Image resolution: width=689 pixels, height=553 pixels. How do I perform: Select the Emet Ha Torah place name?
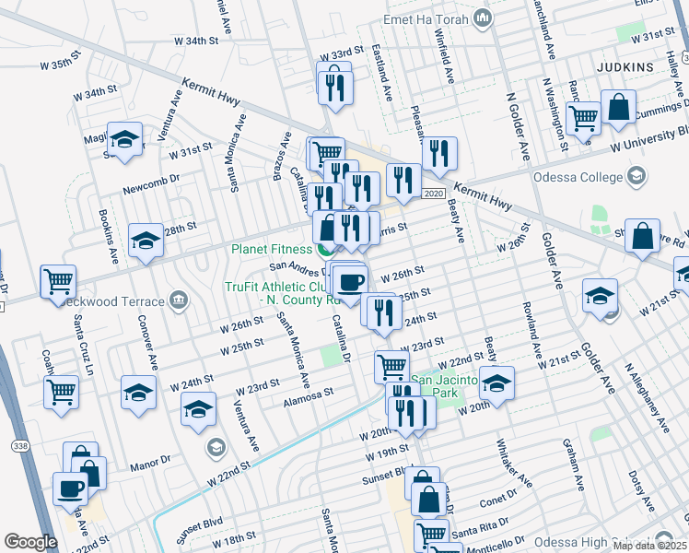(429, 18)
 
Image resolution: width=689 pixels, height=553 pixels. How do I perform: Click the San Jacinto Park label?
(446, 386)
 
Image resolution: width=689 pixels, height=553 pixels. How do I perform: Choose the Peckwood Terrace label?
(117, 300)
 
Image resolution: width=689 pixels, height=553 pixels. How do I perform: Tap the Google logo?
(30, 542)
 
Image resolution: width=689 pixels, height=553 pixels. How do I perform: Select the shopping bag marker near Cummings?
(618, 107)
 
